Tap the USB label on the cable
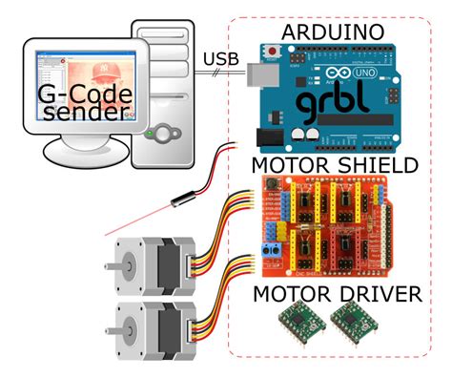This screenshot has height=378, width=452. tap(221, 62)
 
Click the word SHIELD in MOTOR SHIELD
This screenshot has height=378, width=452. tap(374, 166)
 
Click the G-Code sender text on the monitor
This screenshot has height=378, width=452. tap(80, 103)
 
